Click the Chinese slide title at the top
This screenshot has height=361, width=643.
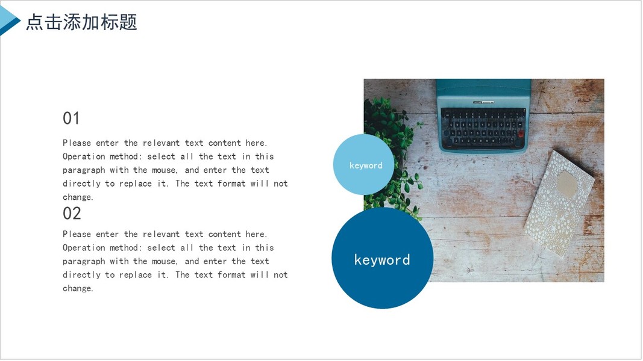tap(81, 22)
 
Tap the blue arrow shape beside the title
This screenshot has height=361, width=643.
tap(8, 20)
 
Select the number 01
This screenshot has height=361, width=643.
tap(71, 119)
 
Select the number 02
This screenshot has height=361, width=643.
tap(72, 213)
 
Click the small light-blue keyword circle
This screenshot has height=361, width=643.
tap(363, 164)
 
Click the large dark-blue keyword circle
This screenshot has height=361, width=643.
tap(382, 258)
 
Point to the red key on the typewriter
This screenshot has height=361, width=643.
tap(521, 134)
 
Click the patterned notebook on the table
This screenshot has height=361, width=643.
tap(559, 203)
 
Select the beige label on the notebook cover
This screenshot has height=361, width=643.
tap(567, 184)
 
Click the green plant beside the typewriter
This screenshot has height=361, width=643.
tap(392, 156)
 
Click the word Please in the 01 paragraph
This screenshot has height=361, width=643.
tap(77, 143)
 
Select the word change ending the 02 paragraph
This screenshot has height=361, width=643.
tap(77, 288)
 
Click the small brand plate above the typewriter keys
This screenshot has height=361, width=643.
tap(483, 102)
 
